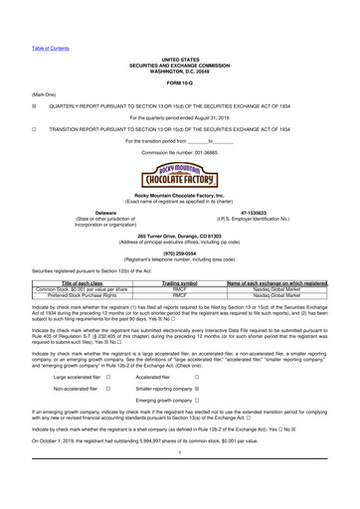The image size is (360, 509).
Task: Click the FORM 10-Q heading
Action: (180, 53)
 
